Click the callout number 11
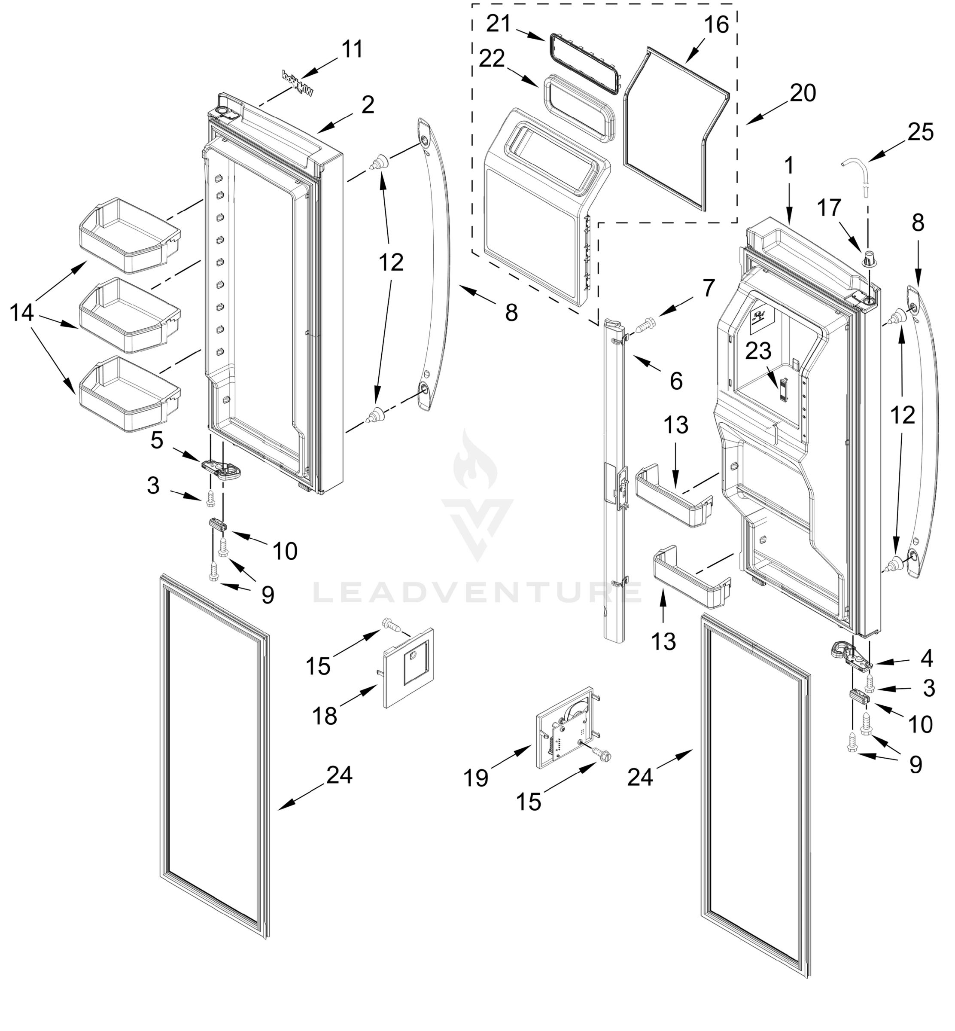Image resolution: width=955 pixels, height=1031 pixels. coord(353,50)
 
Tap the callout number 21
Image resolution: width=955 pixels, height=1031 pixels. coord(498,24)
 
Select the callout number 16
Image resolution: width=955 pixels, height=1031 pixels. coord(716,24)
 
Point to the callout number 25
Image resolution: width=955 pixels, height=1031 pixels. coord(920,132)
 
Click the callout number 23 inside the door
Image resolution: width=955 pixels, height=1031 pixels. coord(758,351)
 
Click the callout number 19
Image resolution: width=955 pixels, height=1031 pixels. coord(475,777)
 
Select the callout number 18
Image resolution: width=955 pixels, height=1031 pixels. coord(324,716)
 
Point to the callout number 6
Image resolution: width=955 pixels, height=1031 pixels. coord(676,381)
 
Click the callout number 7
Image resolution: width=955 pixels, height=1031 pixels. coord(708,287)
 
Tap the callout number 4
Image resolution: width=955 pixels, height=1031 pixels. coord(927,658)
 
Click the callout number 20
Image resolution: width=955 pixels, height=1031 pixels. coord(803,93)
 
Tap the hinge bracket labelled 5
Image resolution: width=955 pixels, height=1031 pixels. coord(221,467)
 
